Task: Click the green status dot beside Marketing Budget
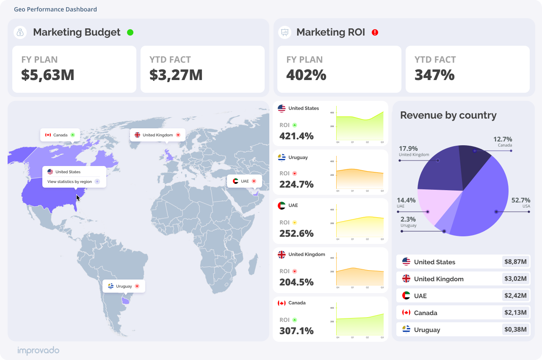pos(130,32)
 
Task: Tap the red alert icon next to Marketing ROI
pos(375,32)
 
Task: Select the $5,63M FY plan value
pos(48,75)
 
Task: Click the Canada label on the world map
pos(60,135)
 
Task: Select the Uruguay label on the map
pos(124,286)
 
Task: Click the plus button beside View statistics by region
pos(97,182)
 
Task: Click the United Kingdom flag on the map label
pos(137,135)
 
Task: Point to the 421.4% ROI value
pos(296,136)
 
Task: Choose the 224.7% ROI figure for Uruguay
pos(296,185)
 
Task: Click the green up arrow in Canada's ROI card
pos(295,320)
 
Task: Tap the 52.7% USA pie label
pos(520,200)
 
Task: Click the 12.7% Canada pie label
pos(503,139)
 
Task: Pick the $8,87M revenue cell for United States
pos(515,262)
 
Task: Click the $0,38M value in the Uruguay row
pos(515,330)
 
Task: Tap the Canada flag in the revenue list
pos(406,313)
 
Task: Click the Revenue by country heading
pos(448,115)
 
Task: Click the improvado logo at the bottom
pos(38,351)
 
